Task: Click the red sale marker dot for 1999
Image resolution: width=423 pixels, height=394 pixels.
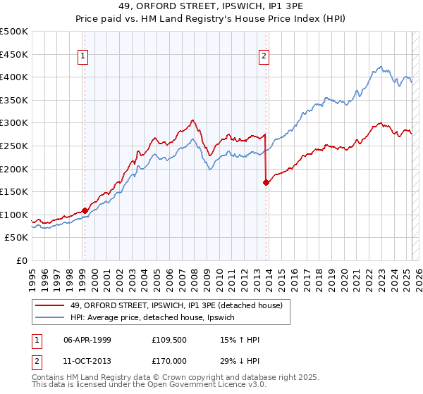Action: click(x=85, y=210)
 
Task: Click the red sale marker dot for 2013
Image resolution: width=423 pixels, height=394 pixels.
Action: click(x=266, y=182)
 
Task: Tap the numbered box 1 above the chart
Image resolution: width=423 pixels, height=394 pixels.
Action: click(x=83, y=57)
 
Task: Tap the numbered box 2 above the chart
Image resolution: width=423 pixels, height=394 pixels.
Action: click(x=264, y=57)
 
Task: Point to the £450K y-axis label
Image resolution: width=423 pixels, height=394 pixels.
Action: click(x=14, y=54)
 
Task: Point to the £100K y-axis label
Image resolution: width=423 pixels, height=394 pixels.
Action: click(x=14, y=215)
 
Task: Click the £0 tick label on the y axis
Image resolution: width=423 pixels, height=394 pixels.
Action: click(x=21, y=260)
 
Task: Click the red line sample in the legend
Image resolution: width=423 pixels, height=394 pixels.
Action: click(x=50, y=305)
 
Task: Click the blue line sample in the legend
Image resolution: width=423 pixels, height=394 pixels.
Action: click(x=50, y=318)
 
